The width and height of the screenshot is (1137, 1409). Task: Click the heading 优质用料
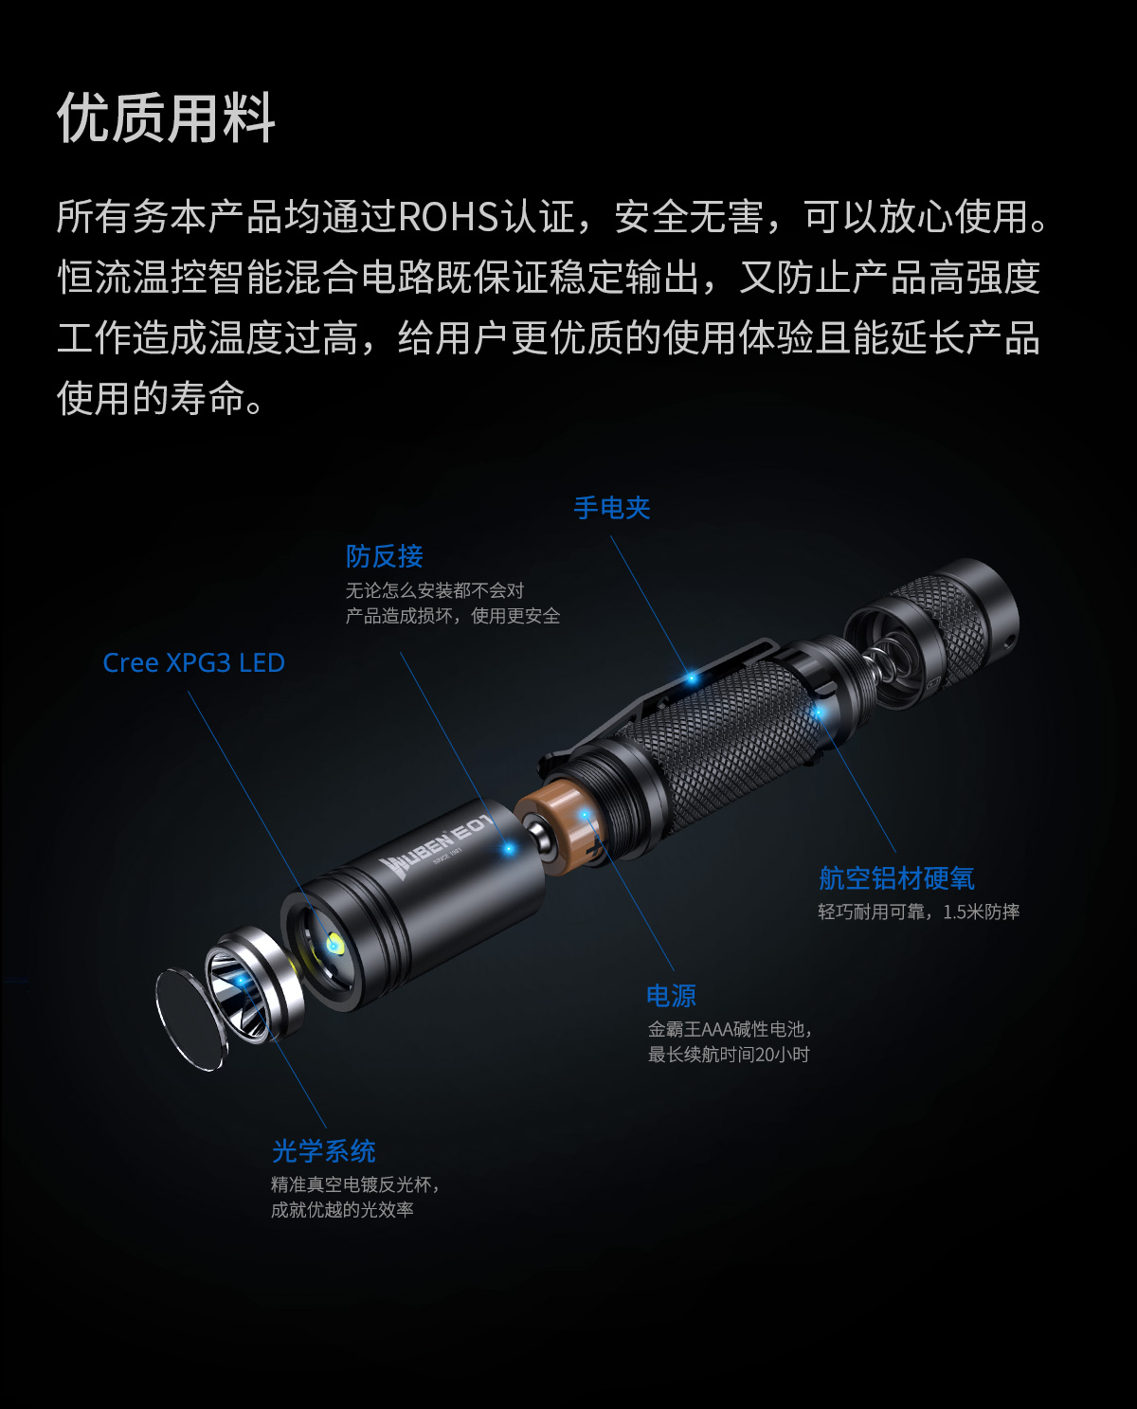pyautogui.click(x=166, y=117)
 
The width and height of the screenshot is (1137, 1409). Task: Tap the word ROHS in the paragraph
pyautogui.click(x=449, y=217)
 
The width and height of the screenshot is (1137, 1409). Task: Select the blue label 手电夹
pyautogui.click(x=612, y=508)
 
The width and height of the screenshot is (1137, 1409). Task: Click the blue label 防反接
pyautogui.click(x=385, y=556)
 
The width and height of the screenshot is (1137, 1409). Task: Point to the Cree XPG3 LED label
pyautogui.click(x=194, y=662)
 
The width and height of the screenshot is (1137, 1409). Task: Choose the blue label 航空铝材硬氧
pyautogui.click(x=896, y=878)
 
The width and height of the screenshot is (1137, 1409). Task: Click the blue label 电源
pyautogui.click(x=672, y=996)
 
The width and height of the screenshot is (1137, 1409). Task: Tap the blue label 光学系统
pyautogui.click(x=323, y=1151)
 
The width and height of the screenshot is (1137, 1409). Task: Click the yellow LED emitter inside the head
pyautogui.click(x=334, y=945)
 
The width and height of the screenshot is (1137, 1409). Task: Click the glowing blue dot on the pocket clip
pyautogui.click(x=691, y=679)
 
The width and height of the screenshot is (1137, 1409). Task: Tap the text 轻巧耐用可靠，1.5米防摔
pyautogui.click(x=918, y=912)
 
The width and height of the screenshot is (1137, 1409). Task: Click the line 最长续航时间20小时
pyautogui.click(x=729, y=1054)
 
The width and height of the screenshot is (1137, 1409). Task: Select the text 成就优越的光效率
pyautogui.click(x=342, y=1210)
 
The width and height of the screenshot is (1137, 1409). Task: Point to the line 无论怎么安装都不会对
pyautogui.click(x=435, y=590)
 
